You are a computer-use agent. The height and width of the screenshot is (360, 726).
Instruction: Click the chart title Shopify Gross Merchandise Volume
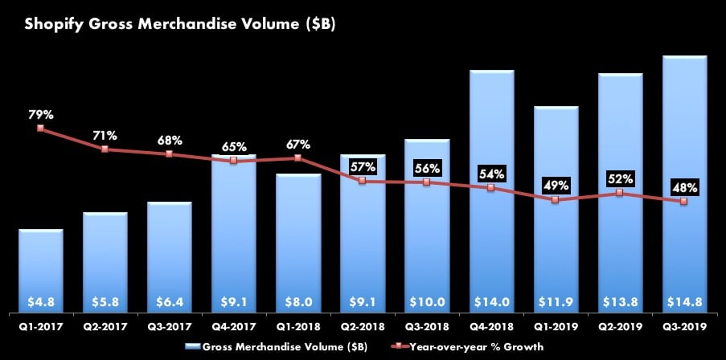tap(180, 24)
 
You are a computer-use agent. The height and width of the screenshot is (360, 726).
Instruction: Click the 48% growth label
tap(683, 188)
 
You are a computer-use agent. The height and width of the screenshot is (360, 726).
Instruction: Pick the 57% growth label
tap(363, 167)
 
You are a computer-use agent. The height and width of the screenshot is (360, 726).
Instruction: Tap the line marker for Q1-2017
tap(41, 129)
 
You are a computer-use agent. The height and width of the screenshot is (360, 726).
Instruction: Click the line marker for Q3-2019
tap(683, 202)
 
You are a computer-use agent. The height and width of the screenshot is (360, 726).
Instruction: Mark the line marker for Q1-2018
tap(298, 157)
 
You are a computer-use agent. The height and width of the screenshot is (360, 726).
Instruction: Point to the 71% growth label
tap(105, 135)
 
